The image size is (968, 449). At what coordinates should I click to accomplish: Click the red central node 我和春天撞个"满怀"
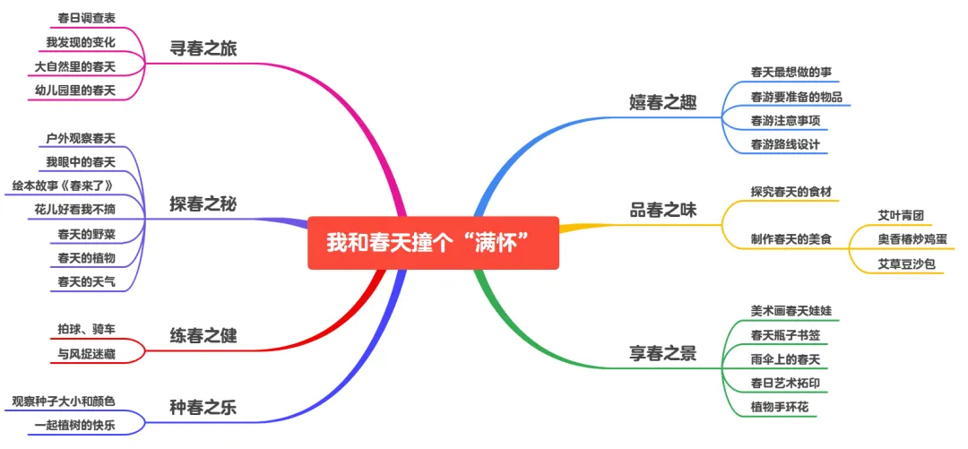pos(433,242)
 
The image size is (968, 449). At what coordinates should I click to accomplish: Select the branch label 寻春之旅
pos(203,49)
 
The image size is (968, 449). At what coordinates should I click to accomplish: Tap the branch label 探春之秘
pos(203,204)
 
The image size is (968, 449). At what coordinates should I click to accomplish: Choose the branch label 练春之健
pos(203,337)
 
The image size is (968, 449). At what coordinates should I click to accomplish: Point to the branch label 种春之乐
pos(203,409)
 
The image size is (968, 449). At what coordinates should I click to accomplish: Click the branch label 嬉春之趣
pos(662,101)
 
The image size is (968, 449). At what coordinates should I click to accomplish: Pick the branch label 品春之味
pos(662,211)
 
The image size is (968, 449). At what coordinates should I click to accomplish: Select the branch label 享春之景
pos(662,352)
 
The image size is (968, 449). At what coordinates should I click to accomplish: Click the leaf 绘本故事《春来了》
pos(63,186)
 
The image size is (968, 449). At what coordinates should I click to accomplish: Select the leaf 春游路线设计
pos(785,143)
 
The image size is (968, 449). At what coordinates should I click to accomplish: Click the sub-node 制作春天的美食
pos(791,239)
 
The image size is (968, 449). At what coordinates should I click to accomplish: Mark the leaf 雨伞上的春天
pos(785,359)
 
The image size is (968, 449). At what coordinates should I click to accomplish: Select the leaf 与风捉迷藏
pos(86,354)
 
